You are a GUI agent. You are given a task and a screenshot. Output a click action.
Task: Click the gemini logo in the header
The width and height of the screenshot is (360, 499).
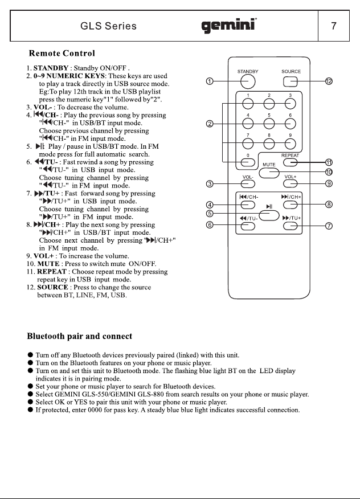coord(229,26)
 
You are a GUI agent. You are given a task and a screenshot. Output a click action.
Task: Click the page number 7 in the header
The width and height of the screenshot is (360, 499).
coord(334,26)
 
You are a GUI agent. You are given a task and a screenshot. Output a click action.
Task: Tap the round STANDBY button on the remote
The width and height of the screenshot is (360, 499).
coord(248,81)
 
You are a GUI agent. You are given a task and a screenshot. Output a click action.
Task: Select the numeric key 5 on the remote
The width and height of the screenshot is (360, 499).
coord(269,124)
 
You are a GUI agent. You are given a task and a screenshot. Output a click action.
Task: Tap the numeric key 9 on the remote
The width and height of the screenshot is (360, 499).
coord(290,144)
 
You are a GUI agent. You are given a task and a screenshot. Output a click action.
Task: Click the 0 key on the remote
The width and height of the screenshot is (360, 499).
coord(248,162)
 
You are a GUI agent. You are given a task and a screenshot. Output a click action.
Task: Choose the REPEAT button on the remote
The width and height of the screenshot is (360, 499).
coord(290,162)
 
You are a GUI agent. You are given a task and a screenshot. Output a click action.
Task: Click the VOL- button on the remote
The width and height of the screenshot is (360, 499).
coord(248,183)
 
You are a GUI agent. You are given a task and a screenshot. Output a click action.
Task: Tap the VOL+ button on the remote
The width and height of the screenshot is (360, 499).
coord(290,183)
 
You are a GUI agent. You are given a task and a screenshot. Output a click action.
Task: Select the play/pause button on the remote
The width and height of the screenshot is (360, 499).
coord(269,215)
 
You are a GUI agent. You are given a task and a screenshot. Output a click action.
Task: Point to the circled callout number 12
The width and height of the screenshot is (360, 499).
coord(329,81)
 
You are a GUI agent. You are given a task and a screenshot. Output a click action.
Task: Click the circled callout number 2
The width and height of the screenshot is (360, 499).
coord(210,124)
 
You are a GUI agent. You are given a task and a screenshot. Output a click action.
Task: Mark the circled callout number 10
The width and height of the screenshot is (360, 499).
coord(329,172)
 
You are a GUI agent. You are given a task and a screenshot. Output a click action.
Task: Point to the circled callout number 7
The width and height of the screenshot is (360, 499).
coord(329,226)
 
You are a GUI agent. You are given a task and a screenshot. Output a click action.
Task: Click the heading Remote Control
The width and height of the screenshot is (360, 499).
coord(62,53)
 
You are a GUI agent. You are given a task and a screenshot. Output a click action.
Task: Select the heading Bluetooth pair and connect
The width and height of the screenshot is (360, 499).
coord(79,336)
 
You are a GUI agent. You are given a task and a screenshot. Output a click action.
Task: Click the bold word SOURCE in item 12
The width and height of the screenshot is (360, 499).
coord(52,287)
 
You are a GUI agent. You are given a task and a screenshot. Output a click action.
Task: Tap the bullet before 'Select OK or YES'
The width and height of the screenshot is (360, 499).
coord(30,402)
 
